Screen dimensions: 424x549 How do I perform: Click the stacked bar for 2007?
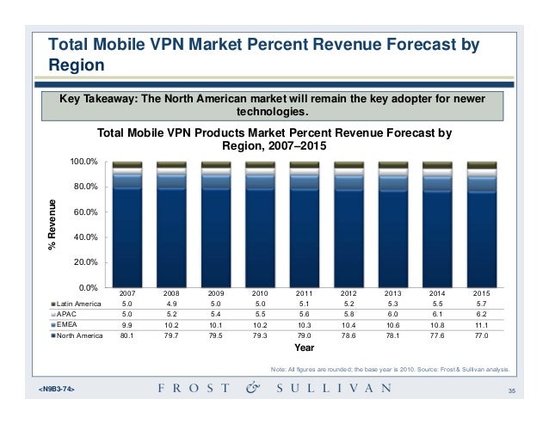pos(126,224)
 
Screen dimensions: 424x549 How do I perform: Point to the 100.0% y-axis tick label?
pos(83,162)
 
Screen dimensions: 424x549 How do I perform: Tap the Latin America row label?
pos(77,304)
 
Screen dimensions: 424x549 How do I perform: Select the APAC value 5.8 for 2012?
pos(349,316)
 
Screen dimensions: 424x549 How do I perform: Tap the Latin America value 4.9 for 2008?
pos(171,304)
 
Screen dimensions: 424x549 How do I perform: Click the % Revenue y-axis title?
pos(52,225)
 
